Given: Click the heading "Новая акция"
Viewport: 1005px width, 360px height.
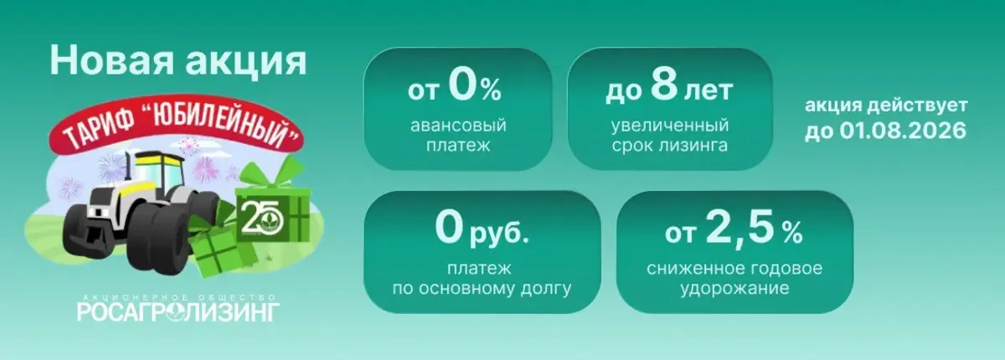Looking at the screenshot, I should (178, 61).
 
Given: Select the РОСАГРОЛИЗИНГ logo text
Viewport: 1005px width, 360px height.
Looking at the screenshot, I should (178, 312).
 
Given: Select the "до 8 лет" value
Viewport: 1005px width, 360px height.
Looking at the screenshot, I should (667, 87).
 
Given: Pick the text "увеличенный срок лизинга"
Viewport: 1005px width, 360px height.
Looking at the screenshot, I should (669, 136).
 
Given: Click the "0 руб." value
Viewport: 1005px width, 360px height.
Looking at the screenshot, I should (482, 229).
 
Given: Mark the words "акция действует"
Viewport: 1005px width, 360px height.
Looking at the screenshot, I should (885, 107).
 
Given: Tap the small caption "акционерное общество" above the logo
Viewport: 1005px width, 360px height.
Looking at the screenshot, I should (178, 296).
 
